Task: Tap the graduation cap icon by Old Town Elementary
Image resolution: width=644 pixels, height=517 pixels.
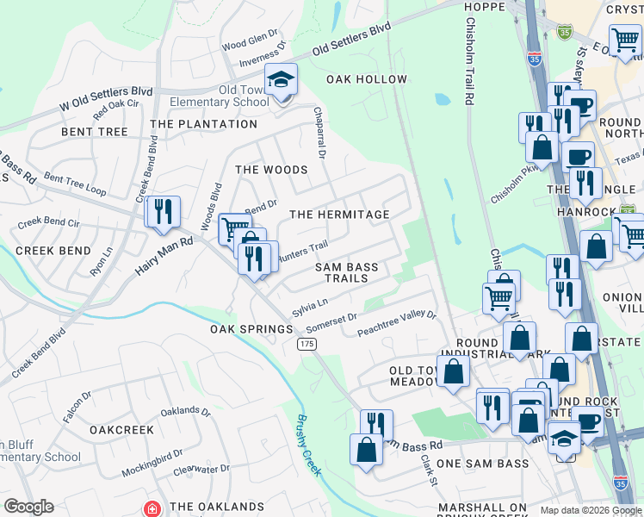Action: [x=280, y=81]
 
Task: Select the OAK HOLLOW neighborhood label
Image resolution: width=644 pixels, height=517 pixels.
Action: [x=366, y=79]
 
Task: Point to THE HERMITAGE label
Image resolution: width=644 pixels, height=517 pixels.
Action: [x=339, y=214]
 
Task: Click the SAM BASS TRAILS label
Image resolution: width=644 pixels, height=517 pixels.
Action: [x=346, y=272]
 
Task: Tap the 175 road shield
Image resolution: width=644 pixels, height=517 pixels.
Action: [x=306, y=344]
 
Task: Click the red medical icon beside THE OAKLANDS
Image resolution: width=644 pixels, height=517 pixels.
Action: [x=153, y=508]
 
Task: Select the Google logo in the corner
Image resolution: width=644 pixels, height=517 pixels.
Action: [x=28, y=507]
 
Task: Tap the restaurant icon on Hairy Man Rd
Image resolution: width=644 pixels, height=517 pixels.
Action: [x=163, y=212]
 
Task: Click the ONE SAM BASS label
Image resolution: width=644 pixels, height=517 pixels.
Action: [x=482, y=464]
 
